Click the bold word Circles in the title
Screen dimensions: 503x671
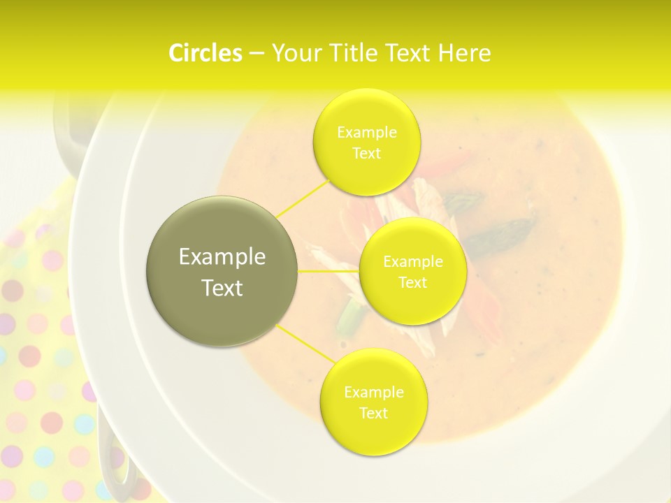coord(205,53)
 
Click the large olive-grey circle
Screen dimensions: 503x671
coord(222,271)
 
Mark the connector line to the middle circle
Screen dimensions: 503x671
coord(329,271)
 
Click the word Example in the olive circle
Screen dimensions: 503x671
coord(222,257)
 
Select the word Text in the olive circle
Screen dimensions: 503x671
coord(222,288)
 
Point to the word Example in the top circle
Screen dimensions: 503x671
coord(366,132)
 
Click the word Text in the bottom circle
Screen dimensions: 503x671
coord(373,413)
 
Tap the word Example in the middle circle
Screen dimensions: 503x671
coord(412,262)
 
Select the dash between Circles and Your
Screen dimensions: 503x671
coord(257,53)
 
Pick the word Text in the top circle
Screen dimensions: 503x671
coord(366,153)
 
